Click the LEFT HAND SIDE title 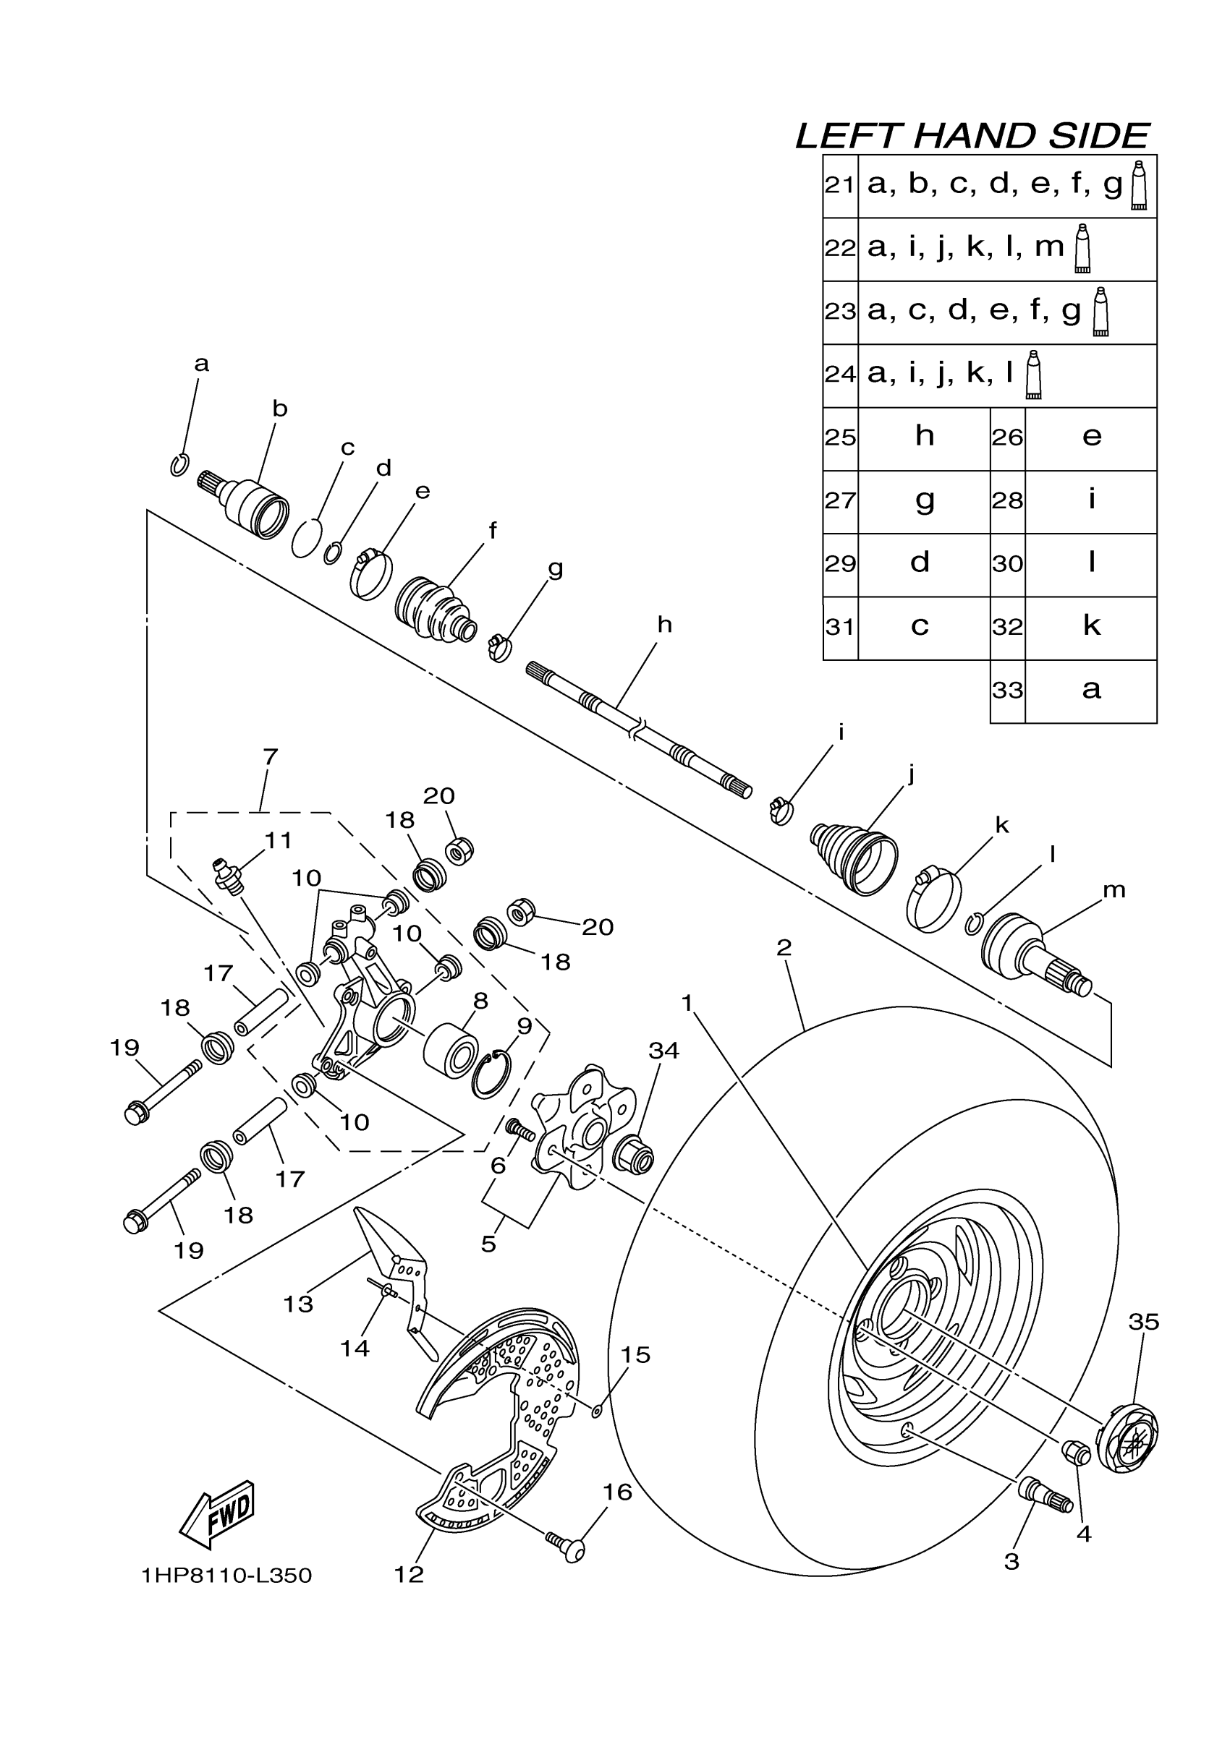(972, 137)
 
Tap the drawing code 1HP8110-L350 (226, 1576)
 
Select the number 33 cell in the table (1007, 691)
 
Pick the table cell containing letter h (924, 437)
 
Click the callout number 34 (663, 1051)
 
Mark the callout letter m (1114, 891)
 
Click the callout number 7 (270, 756)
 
